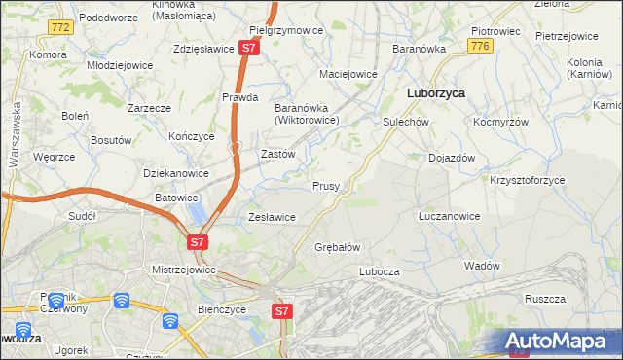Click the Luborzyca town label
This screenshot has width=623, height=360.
[433, 93]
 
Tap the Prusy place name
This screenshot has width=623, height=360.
[325, 186]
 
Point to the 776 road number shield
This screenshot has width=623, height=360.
[478, 46]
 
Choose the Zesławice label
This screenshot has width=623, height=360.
[273, 217]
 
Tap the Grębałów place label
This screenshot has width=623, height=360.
[338, 247]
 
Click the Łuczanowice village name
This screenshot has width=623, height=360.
[448, 216]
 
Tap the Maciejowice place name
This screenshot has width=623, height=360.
[348, 74]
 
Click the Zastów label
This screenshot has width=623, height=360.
[278, 154]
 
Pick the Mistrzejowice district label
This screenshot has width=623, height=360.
[183, 270]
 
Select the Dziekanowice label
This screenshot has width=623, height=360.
[176, 173]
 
